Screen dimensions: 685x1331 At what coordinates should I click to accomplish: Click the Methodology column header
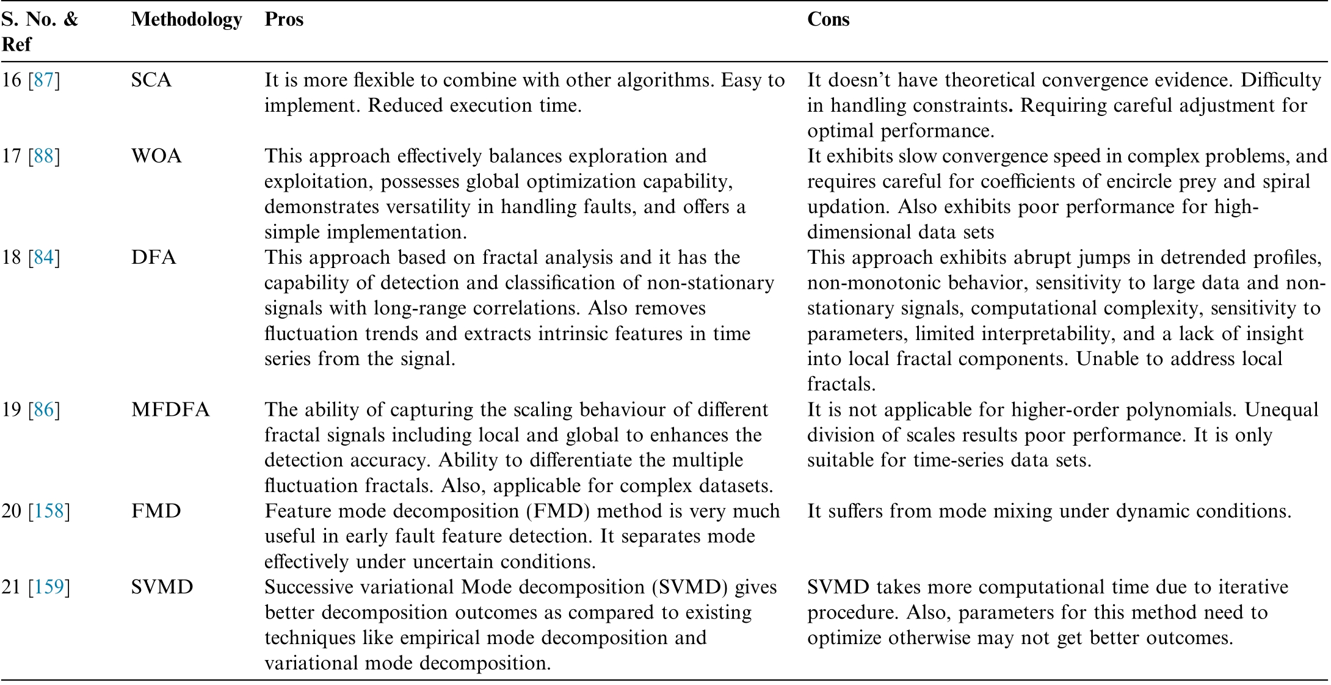[x=186, y=20]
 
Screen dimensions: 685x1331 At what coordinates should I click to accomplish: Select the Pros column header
[x=284, y=20]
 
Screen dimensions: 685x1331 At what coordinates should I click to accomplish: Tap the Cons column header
[x=828, y=20]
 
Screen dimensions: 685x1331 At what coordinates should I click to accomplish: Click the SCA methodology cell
[x=151, y=80]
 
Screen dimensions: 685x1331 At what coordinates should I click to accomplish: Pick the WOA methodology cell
[x=156, y=156]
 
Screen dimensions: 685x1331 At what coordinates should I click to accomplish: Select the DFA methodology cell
[x=154, y=257]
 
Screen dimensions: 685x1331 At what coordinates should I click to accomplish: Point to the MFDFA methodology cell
[x=170, y=409]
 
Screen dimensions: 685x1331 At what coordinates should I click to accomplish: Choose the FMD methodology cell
[x=156, y=510]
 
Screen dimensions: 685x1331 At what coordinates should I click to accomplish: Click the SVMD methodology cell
[x=162, y=587]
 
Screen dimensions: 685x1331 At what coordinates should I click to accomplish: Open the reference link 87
[x=44, y=80]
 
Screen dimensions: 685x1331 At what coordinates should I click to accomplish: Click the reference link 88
[x=44, y=156]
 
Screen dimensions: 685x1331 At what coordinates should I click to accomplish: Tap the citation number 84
[x=44, y=257]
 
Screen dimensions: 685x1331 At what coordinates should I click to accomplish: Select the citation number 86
[x=44, y=409]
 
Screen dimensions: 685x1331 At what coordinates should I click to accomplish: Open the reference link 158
[x=49, y=510]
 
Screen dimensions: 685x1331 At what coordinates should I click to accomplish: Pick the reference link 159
[x=49, y=587]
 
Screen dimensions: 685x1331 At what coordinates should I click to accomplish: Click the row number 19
[x=12, y=409]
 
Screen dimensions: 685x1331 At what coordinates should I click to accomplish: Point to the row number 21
[x=12, y=587]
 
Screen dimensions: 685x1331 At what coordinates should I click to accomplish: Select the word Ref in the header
[x=16, y=45]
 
